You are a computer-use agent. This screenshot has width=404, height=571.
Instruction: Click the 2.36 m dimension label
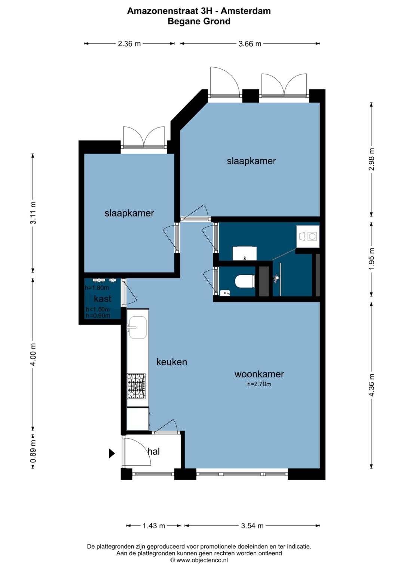(x=129, y=44)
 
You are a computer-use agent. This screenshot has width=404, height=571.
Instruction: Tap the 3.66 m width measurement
(x=250, y=44)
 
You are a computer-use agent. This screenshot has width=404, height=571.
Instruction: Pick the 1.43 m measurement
(x=153, y=526)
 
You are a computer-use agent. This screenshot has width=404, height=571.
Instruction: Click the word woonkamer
(x=259, y=374)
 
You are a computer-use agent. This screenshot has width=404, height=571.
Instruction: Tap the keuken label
(x=172, y=362)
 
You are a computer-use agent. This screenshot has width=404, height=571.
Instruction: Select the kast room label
(x=102, y=298)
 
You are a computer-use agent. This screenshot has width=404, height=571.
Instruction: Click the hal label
(x=153, y=451)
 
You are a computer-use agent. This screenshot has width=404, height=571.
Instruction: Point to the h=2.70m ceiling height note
(x=259, y=384)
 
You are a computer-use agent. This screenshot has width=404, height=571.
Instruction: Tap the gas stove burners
(x=137, y=386)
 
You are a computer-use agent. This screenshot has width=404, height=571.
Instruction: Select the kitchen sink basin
(x=138, y=328)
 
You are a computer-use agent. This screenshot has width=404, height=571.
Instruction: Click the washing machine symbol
(x=307, y=236)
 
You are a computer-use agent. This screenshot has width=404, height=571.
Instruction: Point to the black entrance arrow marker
(x=112, y=453)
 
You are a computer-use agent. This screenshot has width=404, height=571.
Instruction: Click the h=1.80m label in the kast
(x=97, y=288)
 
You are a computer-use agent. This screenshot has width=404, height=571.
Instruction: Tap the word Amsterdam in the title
(x=246, y=11)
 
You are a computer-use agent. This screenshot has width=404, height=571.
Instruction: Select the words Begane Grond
(x=199, y=21)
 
